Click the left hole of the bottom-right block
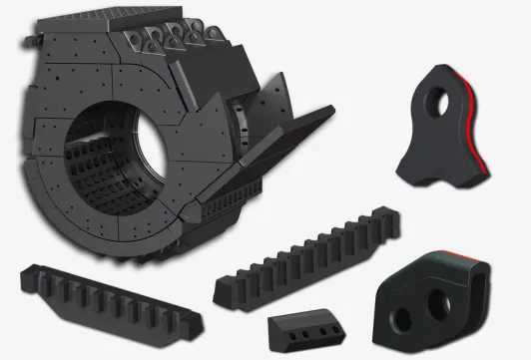pos(401,319)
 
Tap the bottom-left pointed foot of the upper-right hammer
pos(403,177)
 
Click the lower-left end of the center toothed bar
pos(226,290)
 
